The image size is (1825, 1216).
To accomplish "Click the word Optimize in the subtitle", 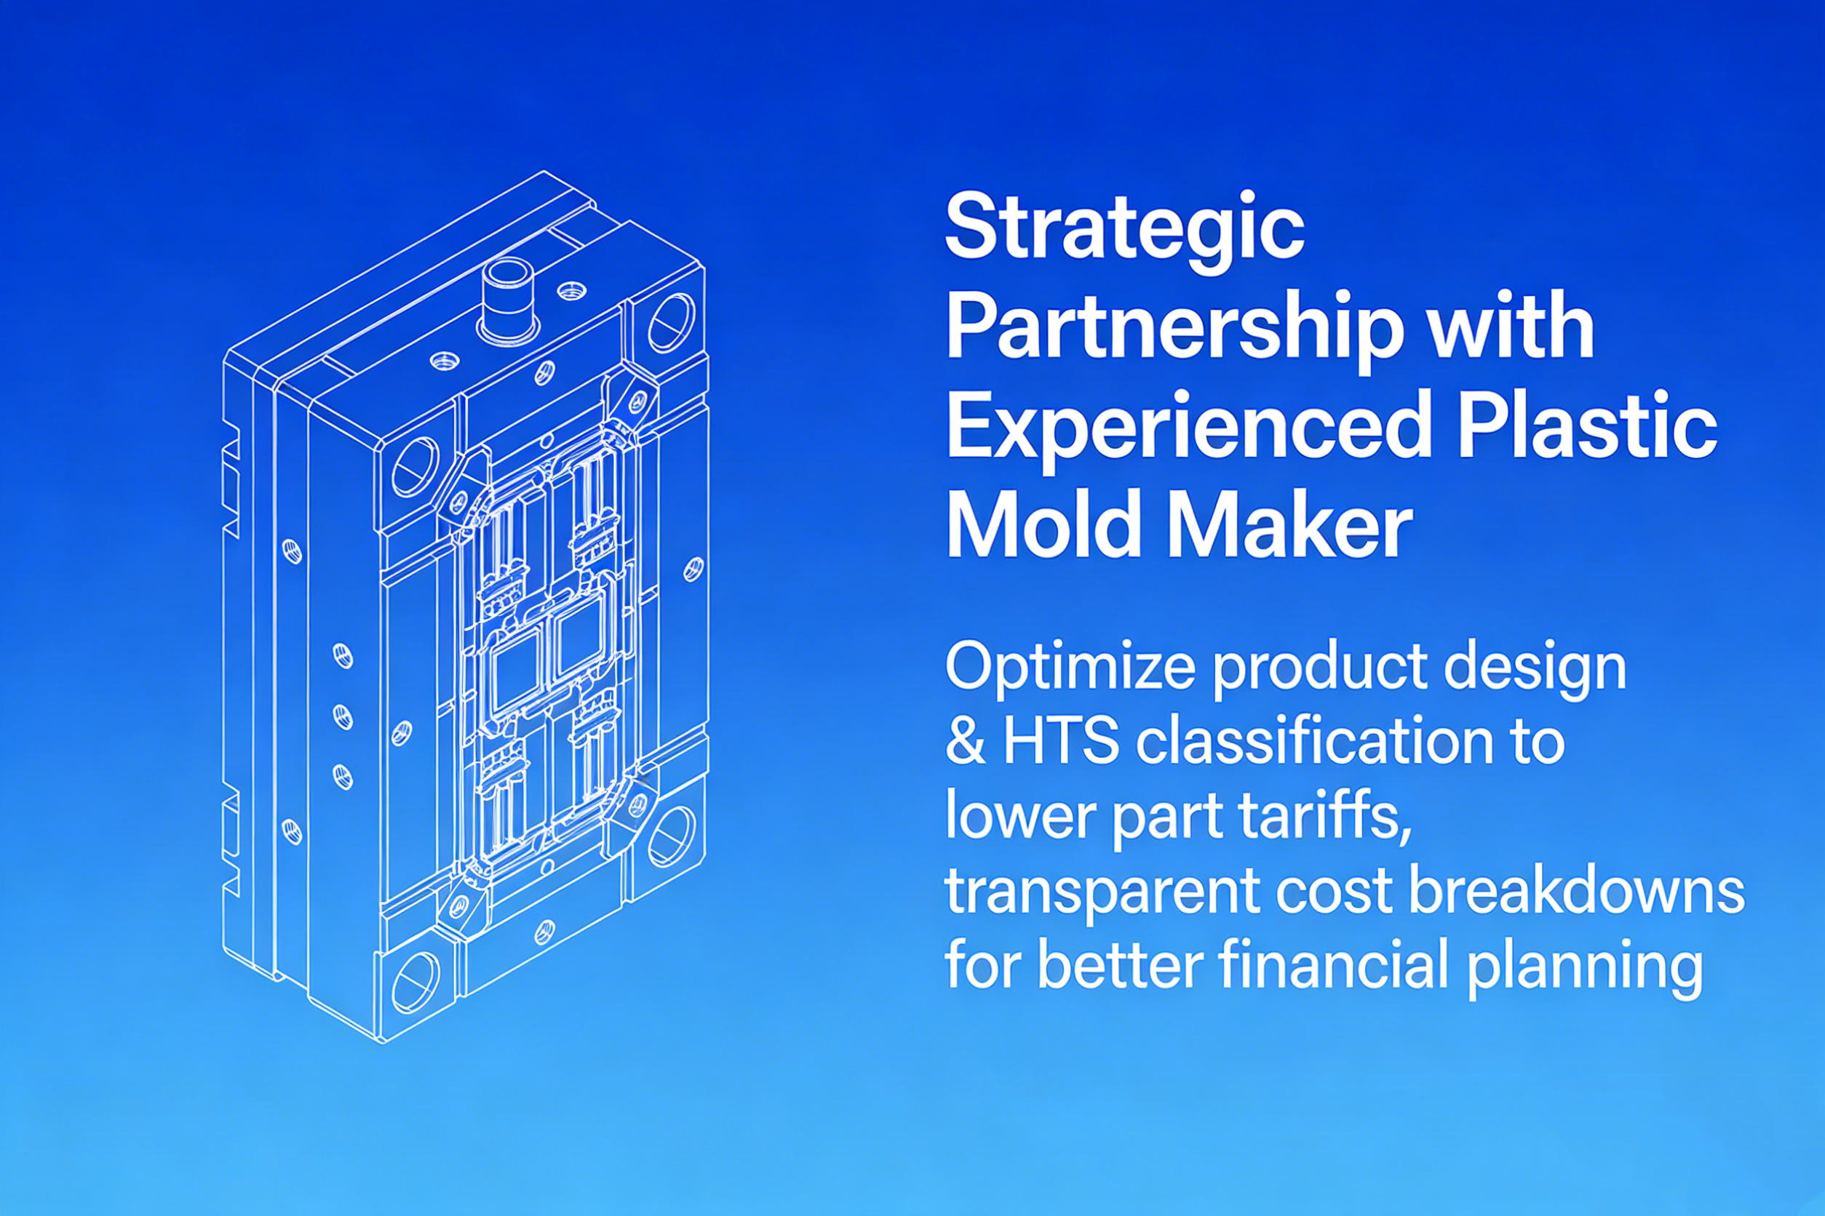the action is point(1070,669).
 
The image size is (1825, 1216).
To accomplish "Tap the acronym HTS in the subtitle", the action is point(1062,740).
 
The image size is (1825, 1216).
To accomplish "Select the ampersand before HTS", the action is point(966,741).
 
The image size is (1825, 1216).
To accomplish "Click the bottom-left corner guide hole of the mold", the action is point(416,983).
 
